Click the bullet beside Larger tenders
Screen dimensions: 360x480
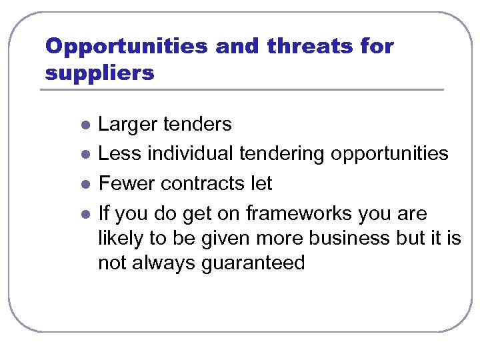coord(84,125)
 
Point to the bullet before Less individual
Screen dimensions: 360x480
coord(84,154)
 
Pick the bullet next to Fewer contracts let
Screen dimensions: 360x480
coord(84,184)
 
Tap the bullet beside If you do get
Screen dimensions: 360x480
coord(84,214)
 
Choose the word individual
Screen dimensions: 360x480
coord(190,154)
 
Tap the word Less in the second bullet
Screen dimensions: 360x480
coord(120,154)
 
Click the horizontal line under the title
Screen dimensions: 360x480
coord(243,90)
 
